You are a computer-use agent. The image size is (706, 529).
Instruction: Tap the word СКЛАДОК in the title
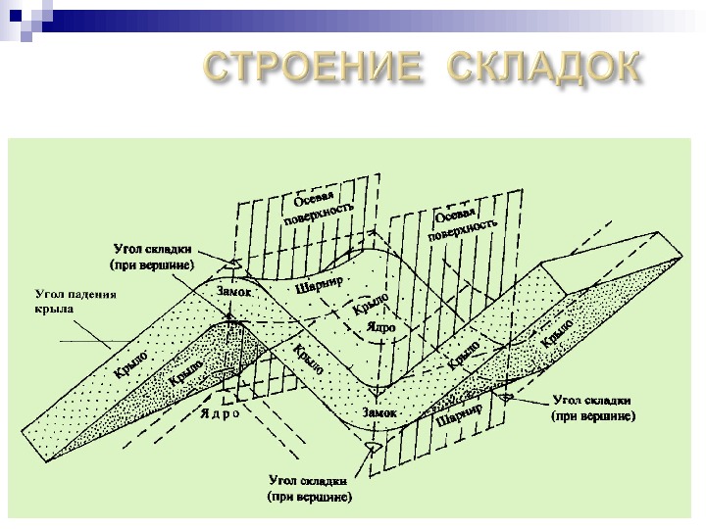click(544, 68)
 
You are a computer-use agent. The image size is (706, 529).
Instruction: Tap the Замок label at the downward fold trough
click(379, 412)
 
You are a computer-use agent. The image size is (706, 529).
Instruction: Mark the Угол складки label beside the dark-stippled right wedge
click(593, 408)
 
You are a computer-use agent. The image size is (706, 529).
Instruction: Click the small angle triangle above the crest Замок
click(231, 264)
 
